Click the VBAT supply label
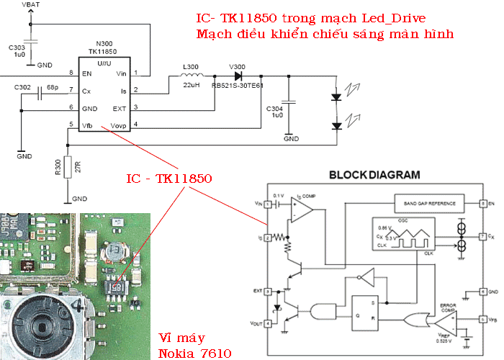click(x=32, y=6)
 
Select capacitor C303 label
click(x=17, y=48)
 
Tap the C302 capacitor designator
click(x=22, y=87)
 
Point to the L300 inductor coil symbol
click(x=190, y=75)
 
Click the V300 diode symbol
click(x=236, y=75)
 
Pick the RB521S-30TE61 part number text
click(x=237, y=85)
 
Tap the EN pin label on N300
click(x=89, y=73)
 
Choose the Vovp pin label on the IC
click(x=119, y=125)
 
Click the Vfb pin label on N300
click(x=88, y=125)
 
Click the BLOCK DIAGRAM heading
click(x=373, y=175)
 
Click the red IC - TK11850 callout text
click(x=168, y=178)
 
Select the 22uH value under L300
click(x=190, y=86)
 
